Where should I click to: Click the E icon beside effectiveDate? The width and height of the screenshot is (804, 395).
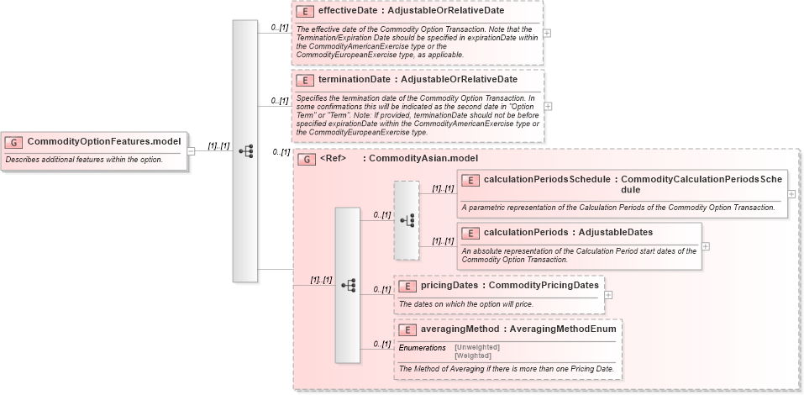click(305, 11)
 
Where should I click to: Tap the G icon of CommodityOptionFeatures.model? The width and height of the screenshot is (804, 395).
click(14, 142)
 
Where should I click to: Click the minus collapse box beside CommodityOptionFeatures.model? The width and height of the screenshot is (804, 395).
click(192, 151)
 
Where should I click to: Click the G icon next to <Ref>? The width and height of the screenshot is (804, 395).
click(307, 158)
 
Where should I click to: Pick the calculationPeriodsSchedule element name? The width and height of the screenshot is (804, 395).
click(547, 180)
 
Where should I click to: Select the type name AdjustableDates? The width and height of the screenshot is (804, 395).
click(617, 232)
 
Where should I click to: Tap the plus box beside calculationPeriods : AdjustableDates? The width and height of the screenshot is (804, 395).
click(706, 246)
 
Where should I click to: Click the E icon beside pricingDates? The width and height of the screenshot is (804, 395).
click(407, 286)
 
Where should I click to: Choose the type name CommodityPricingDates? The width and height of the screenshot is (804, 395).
click(544, 286)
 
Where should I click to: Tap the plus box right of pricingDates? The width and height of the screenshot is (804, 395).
click(608, 295)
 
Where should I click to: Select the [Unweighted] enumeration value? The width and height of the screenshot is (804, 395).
click(477, 346)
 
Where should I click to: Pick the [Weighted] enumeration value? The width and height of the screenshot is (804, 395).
click(472, 355)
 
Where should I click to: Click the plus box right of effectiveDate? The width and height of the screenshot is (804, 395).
click(548, 33)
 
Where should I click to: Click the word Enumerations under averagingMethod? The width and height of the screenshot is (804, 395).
click(422, 347)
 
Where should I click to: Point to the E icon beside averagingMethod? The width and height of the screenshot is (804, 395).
click(407, 329)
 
